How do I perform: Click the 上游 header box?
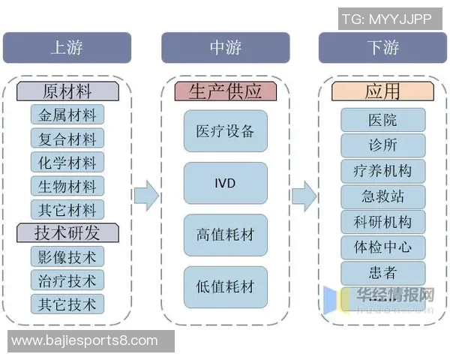[67, 48]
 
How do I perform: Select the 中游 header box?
[226, 48]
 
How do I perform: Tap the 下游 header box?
[382, 48]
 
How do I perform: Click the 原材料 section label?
[67, 91]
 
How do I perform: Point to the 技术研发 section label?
[67, 232]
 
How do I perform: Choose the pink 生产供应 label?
[226, 91]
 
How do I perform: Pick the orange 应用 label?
[382, 91]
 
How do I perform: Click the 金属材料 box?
[67, 115]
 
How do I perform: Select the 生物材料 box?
[67, 185]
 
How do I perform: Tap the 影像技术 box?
[67, 256]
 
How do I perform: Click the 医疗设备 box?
[226, 131]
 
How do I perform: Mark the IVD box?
[226, 183]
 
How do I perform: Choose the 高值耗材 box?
[226, 235]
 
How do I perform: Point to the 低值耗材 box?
[226, 286]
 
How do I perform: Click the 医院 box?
[382, 120]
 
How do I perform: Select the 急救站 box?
[382, 196]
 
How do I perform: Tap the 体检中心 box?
[382, 247]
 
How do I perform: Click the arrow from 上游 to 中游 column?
[146, 196]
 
